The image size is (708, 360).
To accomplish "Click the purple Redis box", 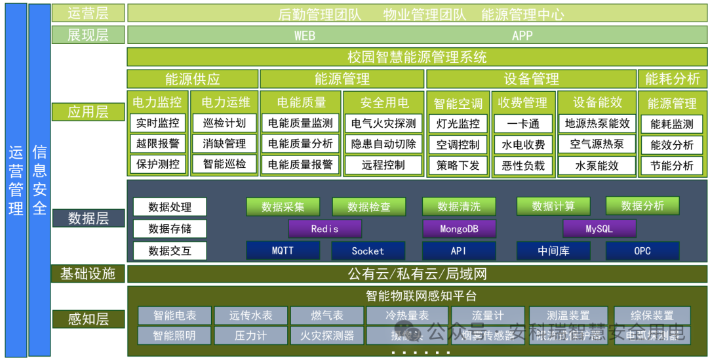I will pyautogui.click(x=324, y=229).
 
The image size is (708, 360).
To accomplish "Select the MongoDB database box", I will pyautogui.click(x=458, y=229).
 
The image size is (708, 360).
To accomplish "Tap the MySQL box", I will pyautogui.click(x=599, y=229).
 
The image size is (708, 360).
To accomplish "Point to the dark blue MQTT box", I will pyautogui.click(x=283, y=250).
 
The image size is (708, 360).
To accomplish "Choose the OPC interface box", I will pyautogui.click(x=642, y=250).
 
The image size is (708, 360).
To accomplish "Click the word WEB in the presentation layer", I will pyautogui.click(x=305, y=35).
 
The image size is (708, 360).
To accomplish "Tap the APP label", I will pyautogui.click(x=522, y=35).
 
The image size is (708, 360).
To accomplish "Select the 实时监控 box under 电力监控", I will pyautogui.click(x=157, y=123).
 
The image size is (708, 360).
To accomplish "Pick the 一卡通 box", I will pyautogui.click(x=522, y=123).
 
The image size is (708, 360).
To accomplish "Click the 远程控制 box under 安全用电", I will pyautogui.click(x=383, y=165).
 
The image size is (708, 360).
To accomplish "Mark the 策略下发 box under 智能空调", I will pyautogui.click(x=458, y=165).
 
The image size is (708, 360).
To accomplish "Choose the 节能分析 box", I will pyautogui.click(x=671, y=165).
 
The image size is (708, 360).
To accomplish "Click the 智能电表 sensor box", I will pyautogui.click(x=174, y=315).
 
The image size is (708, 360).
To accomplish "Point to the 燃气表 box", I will pyautogui.click(x=326, y=315).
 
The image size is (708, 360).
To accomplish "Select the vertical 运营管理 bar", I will pyautogui.click(x=16, y=180).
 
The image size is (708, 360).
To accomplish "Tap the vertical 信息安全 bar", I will pyautogui.click(x=39, y=180).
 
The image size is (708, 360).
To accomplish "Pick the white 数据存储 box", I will pyautogui.click(x=169, y=229).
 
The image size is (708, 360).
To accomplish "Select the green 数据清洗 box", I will pyautogui.click(x=458, y=207).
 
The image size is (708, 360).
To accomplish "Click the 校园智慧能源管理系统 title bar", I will pyautogui.click(x=417, y=57).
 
